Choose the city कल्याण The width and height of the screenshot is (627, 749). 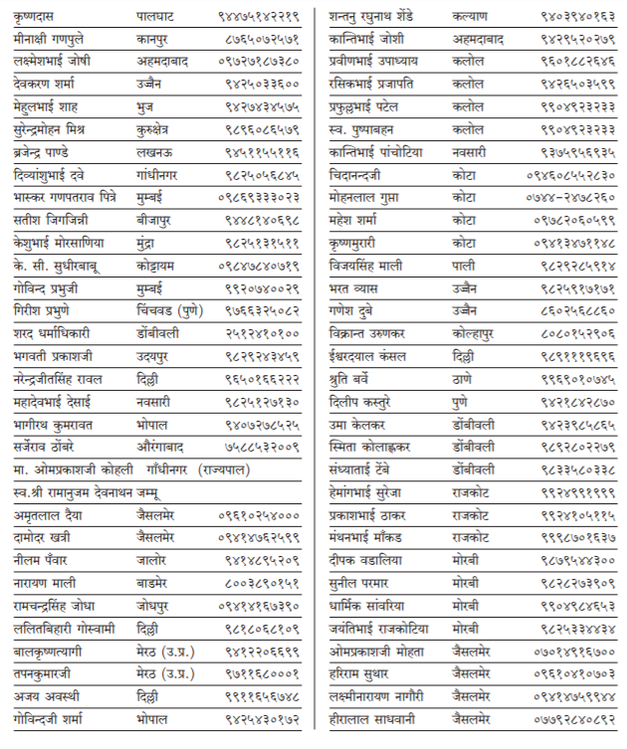[468, 17]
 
